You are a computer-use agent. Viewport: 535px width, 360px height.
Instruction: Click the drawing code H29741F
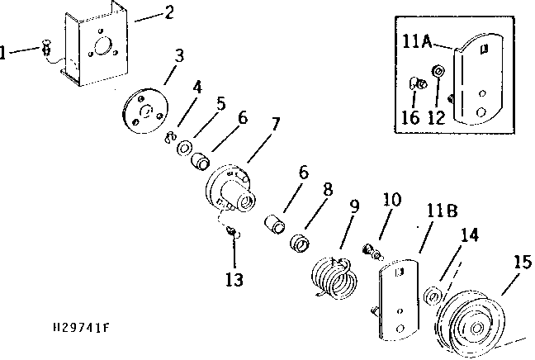(81, 328)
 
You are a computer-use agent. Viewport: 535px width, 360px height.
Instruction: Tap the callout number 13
(234, 280)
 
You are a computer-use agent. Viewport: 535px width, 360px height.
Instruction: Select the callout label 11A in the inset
(417, 41)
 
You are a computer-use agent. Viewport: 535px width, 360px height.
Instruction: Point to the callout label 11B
(442, 211)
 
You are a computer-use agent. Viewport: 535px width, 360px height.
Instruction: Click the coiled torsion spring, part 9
(334, 278)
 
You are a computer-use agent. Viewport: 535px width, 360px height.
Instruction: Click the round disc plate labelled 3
(145, 111)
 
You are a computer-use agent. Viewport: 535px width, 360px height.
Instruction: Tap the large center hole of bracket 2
(103, 46)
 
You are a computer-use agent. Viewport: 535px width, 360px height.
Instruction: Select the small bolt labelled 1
(46, 47)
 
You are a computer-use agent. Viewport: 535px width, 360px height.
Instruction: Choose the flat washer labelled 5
(184, 149)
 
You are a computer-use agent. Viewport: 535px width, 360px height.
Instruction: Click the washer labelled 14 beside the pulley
(433, 296)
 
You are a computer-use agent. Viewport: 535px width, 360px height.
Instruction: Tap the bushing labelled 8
(300, 243)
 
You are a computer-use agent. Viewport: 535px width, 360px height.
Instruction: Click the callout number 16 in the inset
(410, 117)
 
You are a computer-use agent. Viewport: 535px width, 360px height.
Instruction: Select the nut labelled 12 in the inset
(438, 72)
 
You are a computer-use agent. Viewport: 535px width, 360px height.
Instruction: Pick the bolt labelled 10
(372, 252)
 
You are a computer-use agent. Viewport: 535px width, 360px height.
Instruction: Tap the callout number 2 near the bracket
(169, 12)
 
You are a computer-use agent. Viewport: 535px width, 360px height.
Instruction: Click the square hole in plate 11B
(400, 272)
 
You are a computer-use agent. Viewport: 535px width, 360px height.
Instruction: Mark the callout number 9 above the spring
(354, 206)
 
